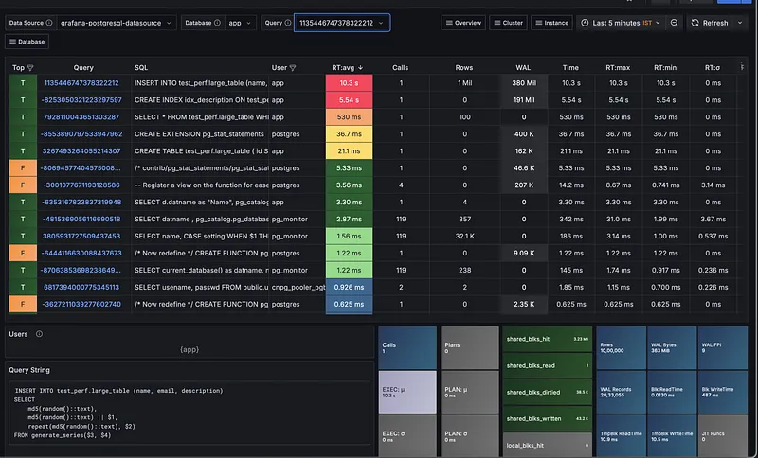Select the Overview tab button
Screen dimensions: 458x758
(464, 23)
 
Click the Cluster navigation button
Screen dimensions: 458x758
(509, 23)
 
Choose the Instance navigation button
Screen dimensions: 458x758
(551, 23)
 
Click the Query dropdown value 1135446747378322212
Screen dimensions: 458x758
(340, 23)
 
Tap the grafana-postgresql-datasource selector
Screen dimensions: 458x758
(116, 23)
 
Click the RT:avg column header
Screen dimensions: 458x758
(347, 68)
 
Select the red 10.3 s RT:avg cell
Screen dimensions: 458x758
(348, 83)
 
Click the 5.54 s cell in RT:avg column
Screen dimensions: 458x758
(348, 99)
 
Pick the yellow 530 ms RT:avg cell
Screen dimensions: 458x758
(348, 116)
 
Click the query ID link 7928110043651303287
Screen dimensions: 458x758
(81, 116)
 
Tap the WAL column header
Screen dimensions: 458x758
(523, 68)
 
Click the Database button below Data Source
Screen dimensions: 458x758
(28, 42)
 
